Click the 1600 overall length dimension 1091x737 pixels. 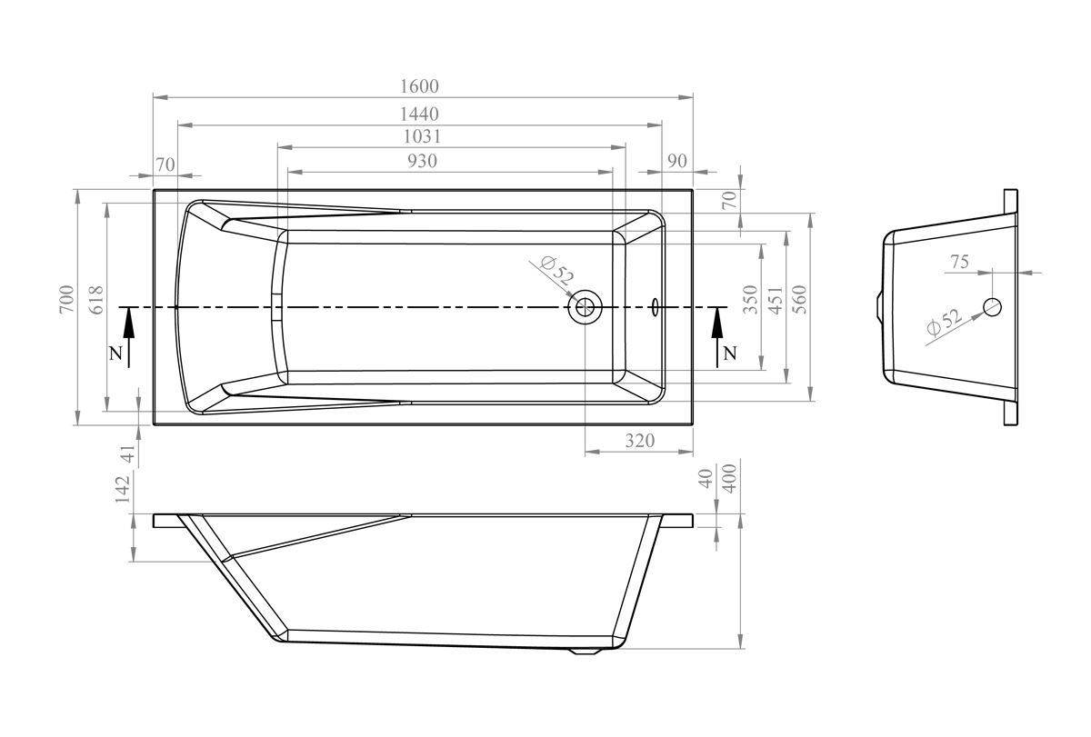click(x=419, y=86)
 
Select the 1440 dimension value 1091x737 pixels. click(x=419, y=115)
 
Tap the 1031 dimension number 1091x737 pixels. click(x=422, y=137)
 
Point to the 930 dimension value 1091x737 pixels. click(x=422, y=161)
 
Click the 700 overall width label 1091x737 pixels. click(x=67, y=299)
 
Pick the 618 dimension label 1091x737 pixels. click(x=97, y=300)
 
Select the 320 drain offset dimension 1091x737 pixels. click(x=639, y=441)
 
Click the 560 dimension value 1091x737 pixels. click(x=800, y=299)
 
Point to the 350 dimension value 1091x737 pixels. click(x=751, y=300)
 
